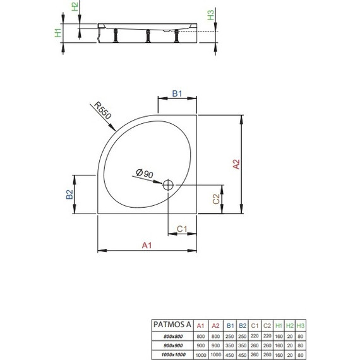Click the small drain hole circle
pyautogui.click(x=169, y=185)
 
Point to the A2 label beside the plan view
pyautogui.click(x=236, y=164)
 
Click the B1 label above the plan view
pyautogui.click(x=177, y=93)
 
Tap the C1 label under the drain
pyautogui.click(x=180, y=228)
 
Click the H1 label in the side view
pyautogui.click(x=57, y=33)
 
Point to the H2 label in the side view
pyautogui.click(x=75, y=8)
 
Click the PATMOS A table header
pyautogui.click(x=169, y=324)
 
